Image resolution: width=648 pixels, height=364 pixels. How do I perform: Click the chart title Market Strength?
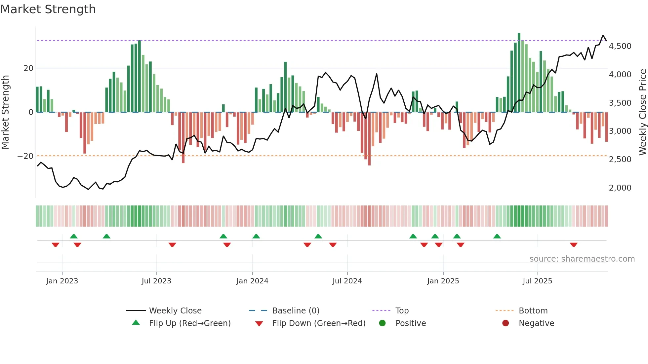click(48, 9)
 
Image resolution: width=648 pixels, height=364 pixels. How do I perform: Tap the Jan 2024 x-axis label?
click(252, 281)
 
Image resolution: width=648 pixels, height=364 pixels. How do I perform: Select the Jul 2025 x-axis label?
click(537, 281)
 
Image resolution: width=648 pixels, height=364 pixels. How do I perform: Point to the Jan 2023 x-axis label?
click(62, 281)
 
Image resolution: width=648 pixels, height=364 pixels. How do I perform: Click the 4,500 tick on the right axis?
click(620, 46)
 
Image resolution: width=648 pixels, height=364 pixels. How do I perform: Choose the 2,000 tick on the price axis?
click(620, 188)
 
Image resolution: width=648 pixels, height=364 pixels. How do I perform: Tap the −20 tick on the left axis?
click(25, 156)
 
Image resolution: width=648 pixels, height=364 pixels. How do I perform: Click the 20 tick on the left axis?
click(28, 68)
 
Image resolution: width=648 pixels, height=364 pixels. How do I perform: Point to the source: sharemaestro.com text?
click(582, 259)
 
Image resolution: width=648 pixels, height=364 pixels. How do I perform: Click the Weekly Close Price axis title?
click(642, 112)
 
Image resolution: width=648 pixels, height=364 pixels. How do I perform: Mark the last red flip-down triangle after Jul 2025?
click(574, 245)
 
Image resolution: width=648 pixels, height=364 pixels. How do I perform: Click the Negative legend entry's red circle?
click(506, 323)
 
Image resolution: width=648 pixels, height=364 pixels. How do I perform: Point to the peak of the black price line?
click(603, 35)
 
